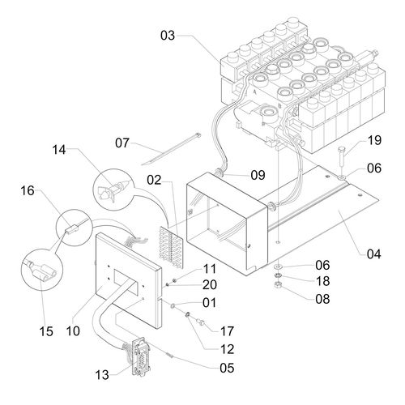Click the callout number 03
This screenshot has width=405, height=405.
168,36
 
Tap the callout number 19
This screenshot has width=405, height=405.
374,140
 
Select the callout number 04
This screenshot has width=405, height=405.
374,254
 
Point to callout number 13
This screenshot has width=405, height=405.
102,375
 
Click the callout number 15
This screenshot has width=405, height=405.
46,331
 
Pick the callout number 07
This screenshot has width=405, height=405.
122,143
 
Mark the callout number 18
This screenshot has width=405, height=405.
322,281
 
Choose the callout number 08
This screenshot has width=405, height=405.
322,299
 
